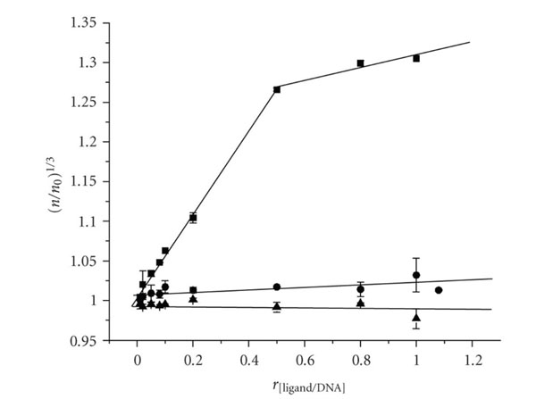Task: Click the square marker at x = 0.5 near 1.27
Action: coord(277,89)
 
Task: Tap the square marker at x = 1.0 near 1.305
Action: coord(416,58)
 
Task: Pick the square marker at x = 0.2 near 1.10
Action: coord(193,217)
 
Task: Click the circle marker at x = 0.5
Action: coord(277,287)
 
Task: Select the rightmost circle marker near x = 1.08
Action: coord(439,290)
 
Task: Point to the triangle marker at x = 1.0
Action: coord(416,317)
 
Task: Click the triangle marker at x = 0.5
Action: coord(277,306)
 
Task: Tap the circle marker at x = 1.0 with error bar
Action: coord(416,275)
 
